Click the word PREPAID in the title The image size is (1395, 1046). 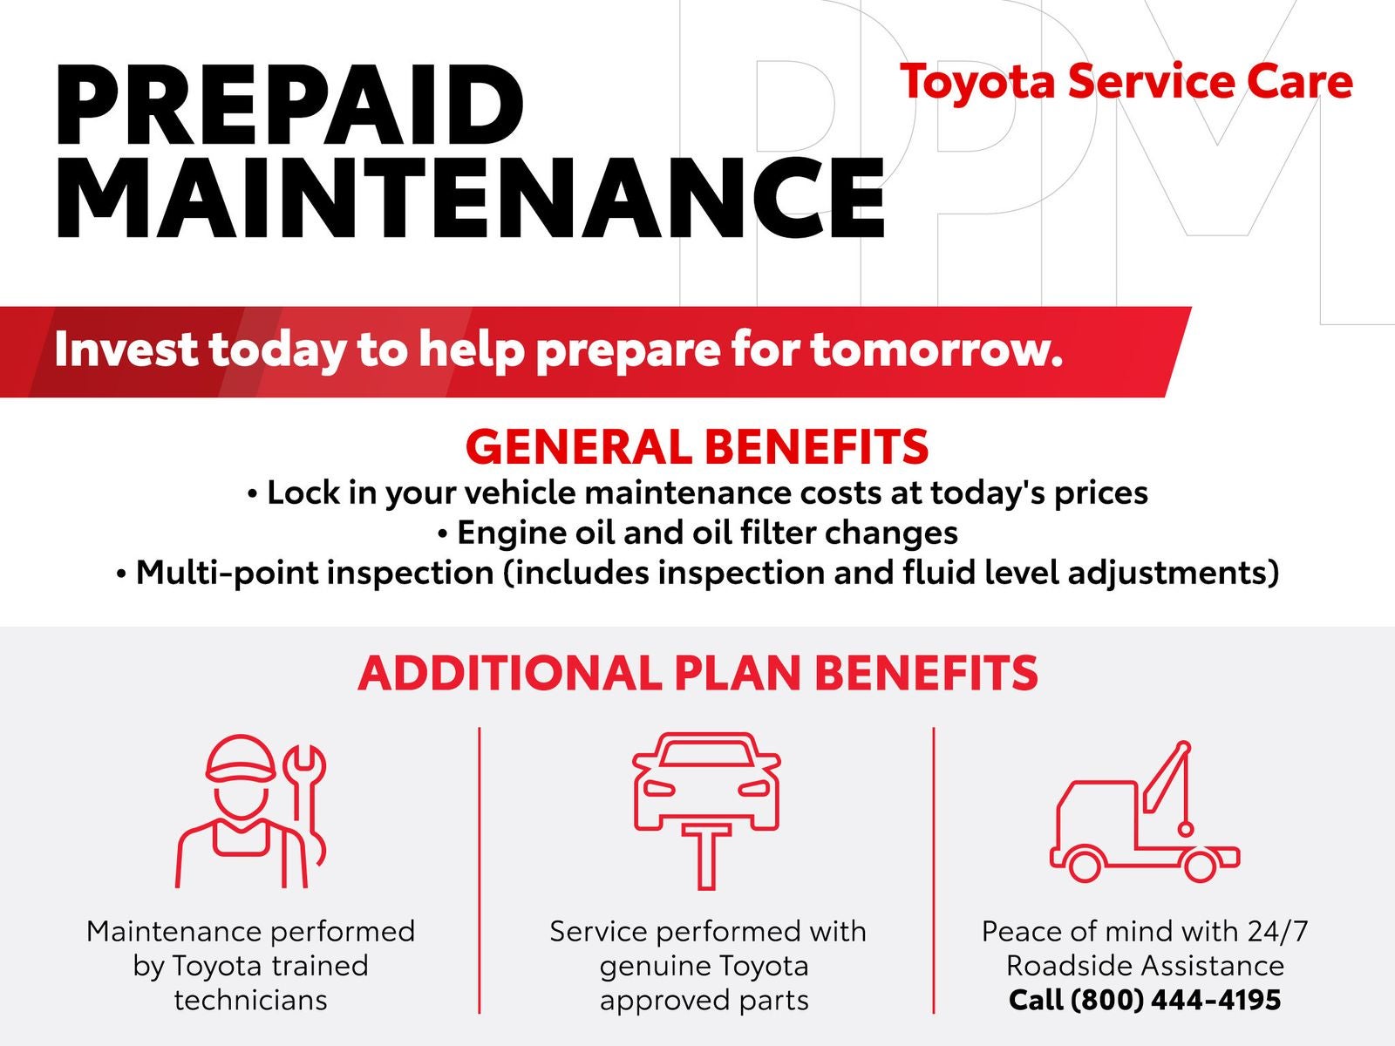coord(290,105)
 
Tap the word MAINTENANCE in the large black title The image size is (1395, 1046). coord(471,198)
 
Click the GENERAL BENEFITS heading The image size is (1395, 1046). coord(697,446)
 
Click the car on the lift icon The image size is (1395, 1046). coord(707,811)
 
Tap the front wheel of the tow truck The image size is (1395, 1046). coord(1085,864)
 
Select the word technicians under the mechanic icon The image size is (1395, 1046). coord(250,1001)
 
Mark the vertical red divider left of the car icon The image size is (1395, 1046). coord(480,870)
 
